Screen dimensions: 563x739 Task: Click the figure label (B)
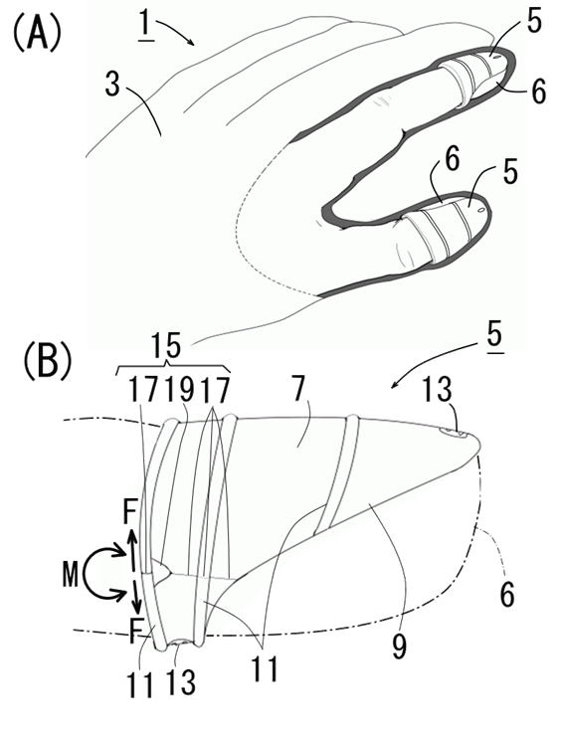point(47,362)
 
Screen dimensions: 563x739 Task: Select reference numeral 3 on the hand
point(112,84)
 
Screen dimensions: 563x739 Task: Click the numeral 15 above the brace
point(166,347)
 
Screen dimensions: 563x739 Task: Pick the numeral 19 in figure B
point(181,390)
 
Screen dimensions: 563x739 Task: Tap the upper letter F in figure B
point(129,513)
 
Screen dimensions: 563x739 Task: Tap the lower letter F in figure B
point(135,632)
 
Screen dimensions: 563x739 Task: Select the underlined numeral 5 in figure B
point(493,337)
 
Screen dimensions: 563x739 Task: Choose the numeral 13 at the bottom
point(181,682)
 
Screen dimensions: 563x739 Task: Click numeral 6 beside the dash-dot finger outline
point(507,594)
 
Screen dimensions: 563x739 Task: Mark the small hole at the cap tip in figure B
point(456,433)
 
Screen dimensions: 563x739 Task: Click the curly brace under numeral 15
point(173,368)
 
